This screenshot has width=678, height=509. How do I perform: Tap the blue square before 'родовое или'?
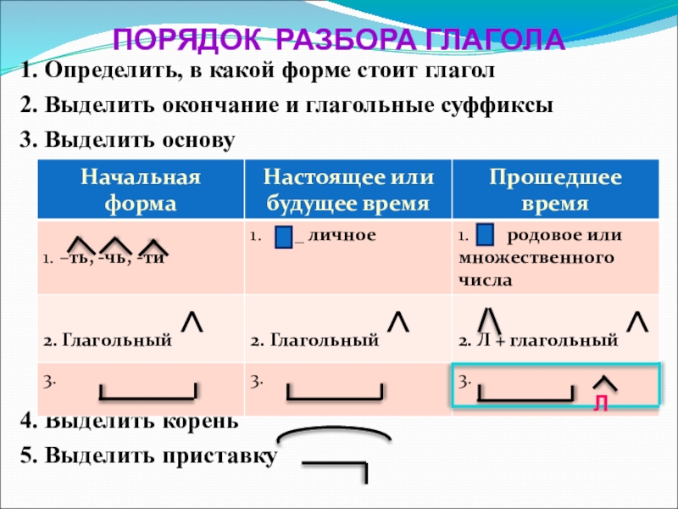[x=486, y=235]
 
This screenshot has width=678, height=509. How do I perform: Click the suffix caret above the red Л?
[x=603, y=383]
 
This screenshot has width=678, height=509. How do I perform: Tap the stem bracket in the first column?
[x=148, y=392]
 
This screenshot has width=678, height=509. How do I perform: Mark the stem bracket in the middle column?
[x=335, y=393]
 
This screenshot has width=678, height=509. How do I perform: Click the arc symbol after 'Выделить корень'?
[x=334, y=433]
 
